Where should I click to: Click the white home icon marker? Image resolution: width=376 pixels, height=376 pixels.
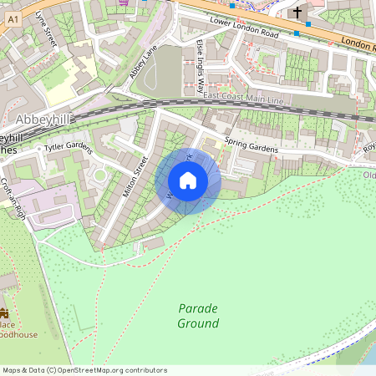click(x=188, y=180)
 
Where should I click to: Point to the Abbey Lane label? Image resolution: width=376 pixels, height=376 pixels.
click(x=143, y=64)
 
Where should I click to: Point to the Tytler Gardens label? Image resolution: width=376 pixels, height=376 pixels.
click(x=67, y=147)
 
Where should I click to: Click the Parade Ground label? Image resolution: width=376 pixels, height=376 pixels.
click(x=198, y=316)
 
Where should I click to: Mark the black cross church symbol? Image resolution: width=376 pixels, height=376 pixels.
click(x=297, y=13)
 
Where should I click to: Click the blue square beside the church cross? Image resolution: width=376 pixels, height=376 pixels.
click(x=308, y=23)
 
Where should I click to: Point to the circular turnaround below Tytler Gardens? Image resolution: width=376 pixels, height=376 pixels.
click(x=99, y=176)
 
